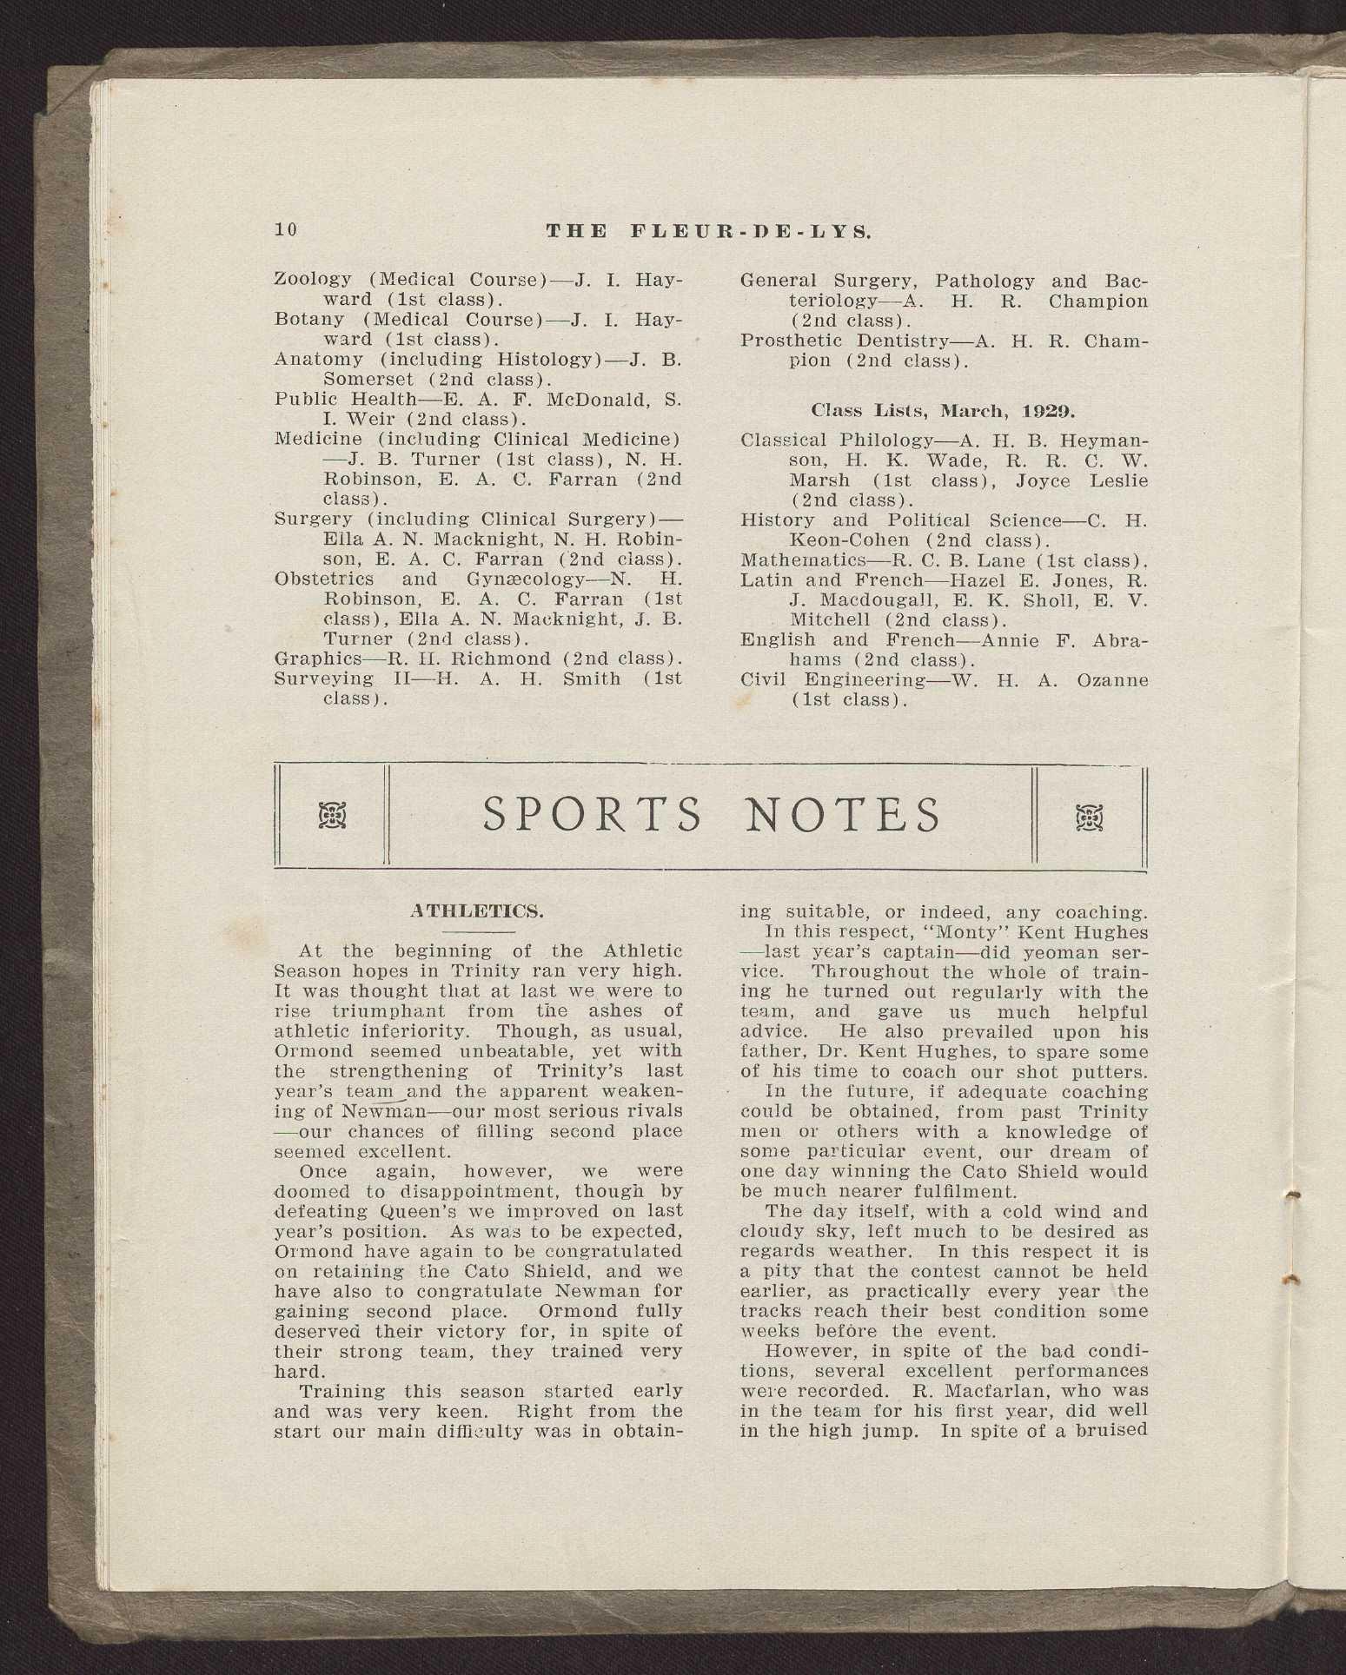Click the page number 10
point(286,229)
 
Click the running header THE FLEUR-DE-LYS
point(709,231)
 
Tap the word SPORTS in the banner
point(592,816)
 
